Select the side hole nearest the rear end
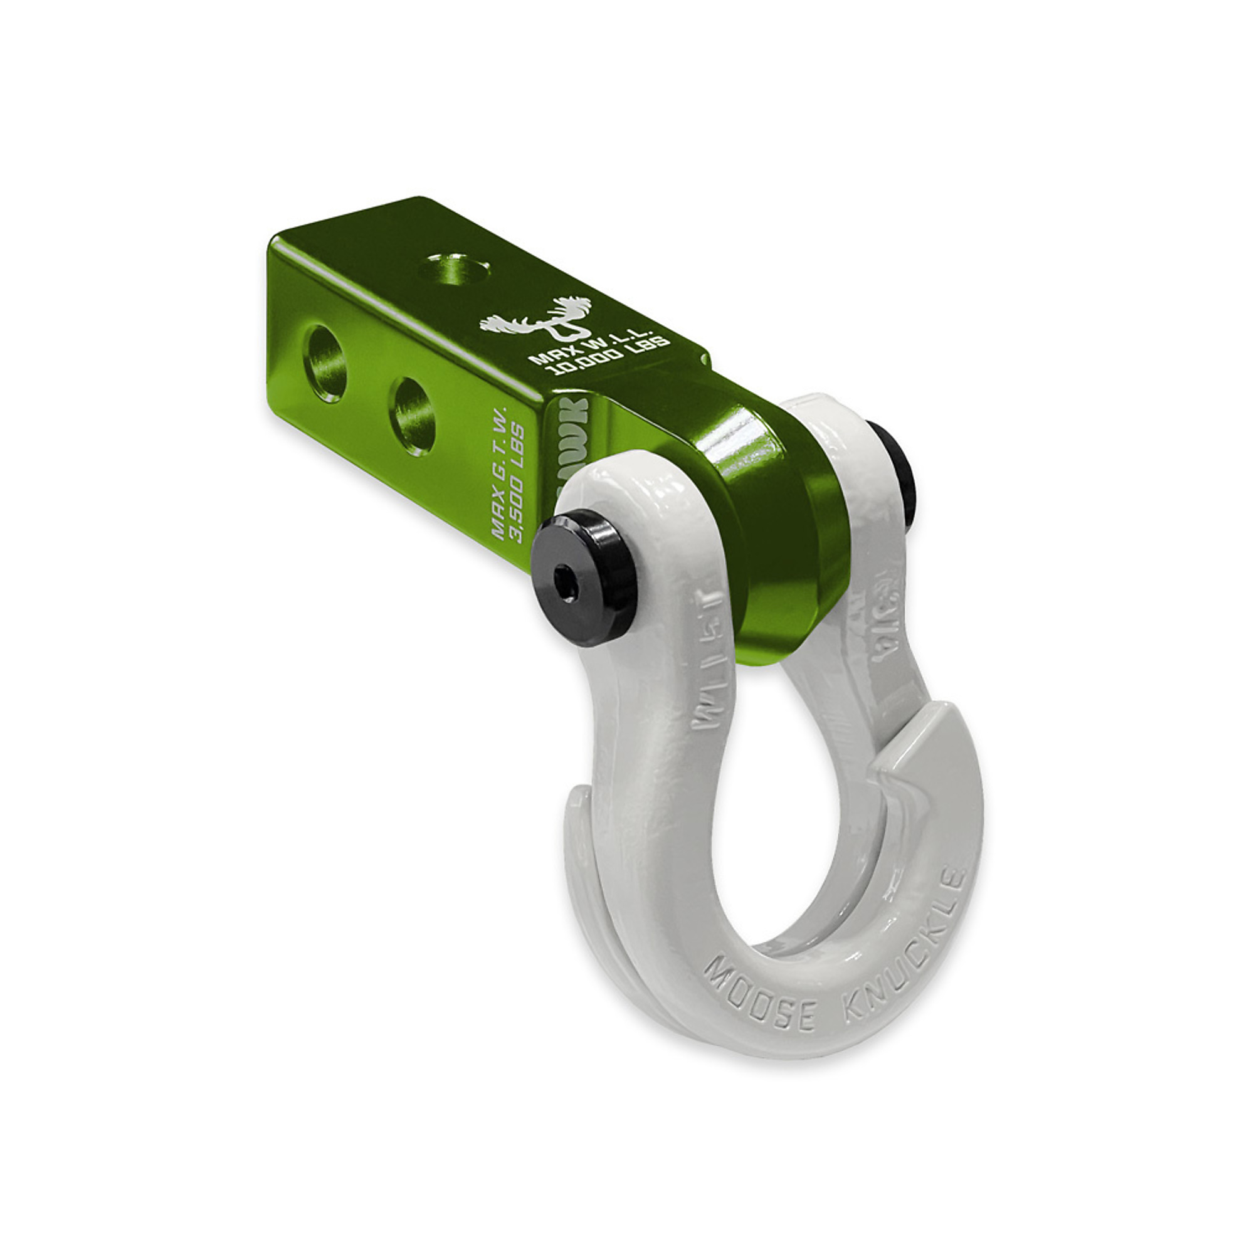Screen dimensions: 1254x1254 tap(325, 364)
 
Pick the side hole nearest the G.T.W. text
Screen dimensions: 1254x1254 tap(413, 416)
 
